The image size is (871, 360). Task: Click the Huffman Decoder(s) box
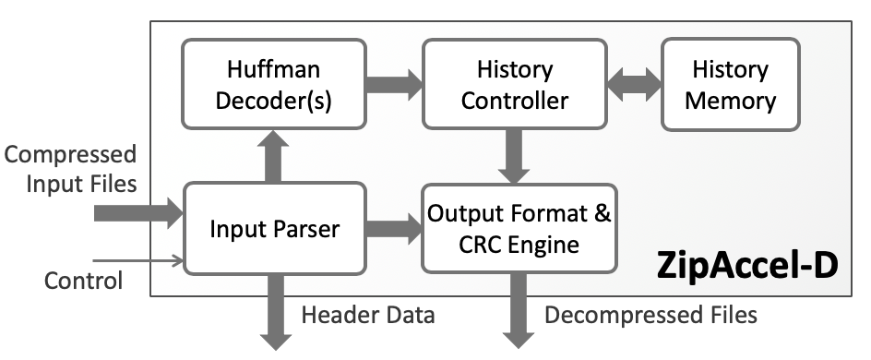pos(275,84)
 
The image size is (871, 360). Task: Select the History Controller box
pos(515,84)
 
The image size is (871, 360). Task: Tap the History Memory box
pos(730,84)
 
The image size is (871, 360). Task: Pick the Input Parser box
pos(274,228)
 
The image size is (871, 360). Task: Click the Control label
pos(83,280)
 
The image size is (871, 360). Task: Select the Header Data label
pos(367,315)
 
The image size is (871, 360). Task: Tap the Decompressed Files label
pos(650,315)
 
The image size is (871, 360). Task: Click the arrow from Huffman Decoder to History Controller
pos(393,84)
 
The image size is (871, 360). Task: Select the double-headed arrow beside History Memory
pos(635,84)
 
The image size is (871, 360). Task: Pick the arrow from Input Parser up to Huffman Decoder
pos(274,155)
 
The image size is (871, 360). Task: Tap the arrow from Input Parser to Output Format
pos(393,228)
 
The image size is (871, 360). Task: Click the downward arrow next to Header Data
pos(274,309)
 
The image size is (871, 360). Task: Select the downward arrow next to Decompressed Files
pos(515,309)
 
